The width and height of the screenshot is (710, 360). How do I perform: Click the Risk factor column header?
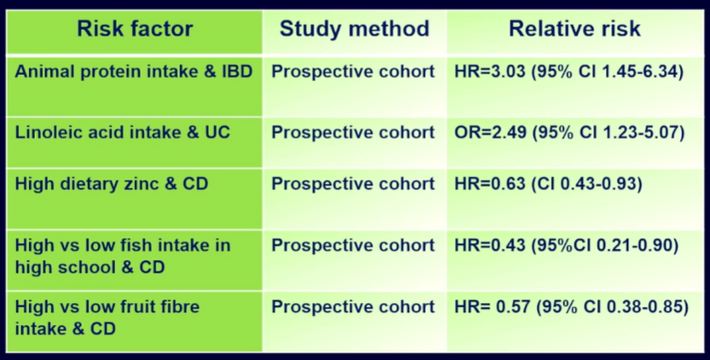coord(135,29)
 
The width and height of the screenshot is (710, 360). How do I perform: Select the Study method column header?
coord(354,29)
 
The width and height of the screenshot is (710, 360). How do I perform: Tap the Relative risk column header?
coord(574,29)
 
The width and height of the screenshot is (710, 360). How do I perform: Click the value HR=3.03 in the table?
coord(490,72)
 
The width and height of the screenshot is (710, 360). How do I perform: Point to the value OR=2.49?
coord(491,132)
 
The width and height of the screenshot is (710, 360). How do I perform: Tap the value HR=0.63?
coord(490,184)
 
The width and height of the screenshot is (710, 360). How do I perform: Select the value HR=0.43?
coord(490,246)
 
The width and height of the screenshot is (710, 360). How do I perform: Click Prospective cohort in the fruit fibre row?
coord(352,307)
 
